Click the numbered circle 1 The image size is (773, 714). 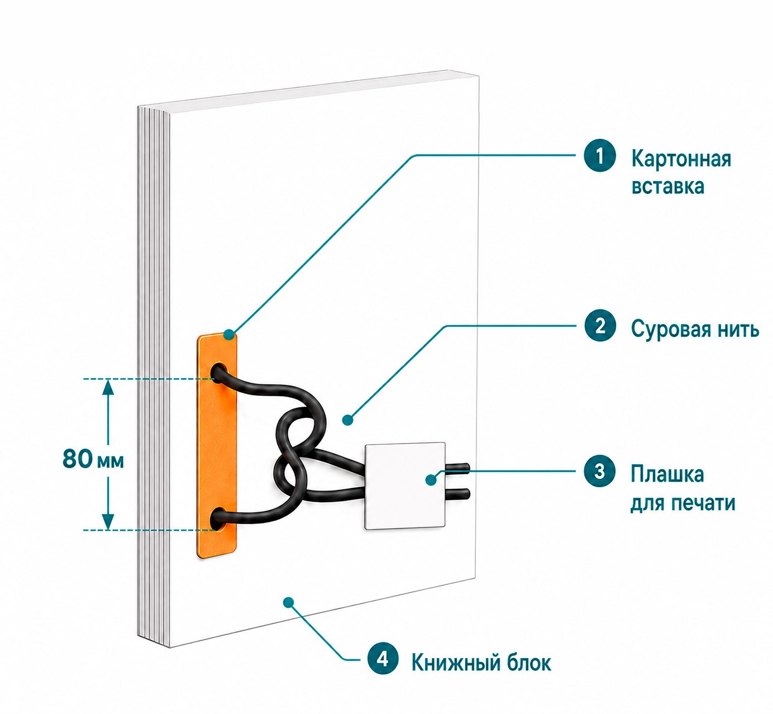pos(600,156)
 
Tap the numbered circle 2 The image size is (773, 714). pos(600,326)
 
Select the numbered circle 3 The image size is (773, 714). pos(600,471)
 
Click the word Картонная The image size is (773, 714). pos(681,159)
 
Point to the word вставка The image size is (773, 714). pos(667,187)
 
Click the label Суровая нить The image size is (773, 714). pos(695,329)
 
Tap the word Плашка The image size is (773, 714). pos(667,474)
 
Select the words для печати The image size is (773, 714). pos(683,503)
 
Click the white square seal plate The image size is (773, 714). pos(405,485)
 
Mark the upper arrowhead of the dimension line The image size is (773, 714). pos(108,388)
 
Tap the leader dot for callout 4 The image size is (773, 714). pos(288,602)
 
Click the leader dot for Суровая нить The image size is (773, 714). pos(347,420)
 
